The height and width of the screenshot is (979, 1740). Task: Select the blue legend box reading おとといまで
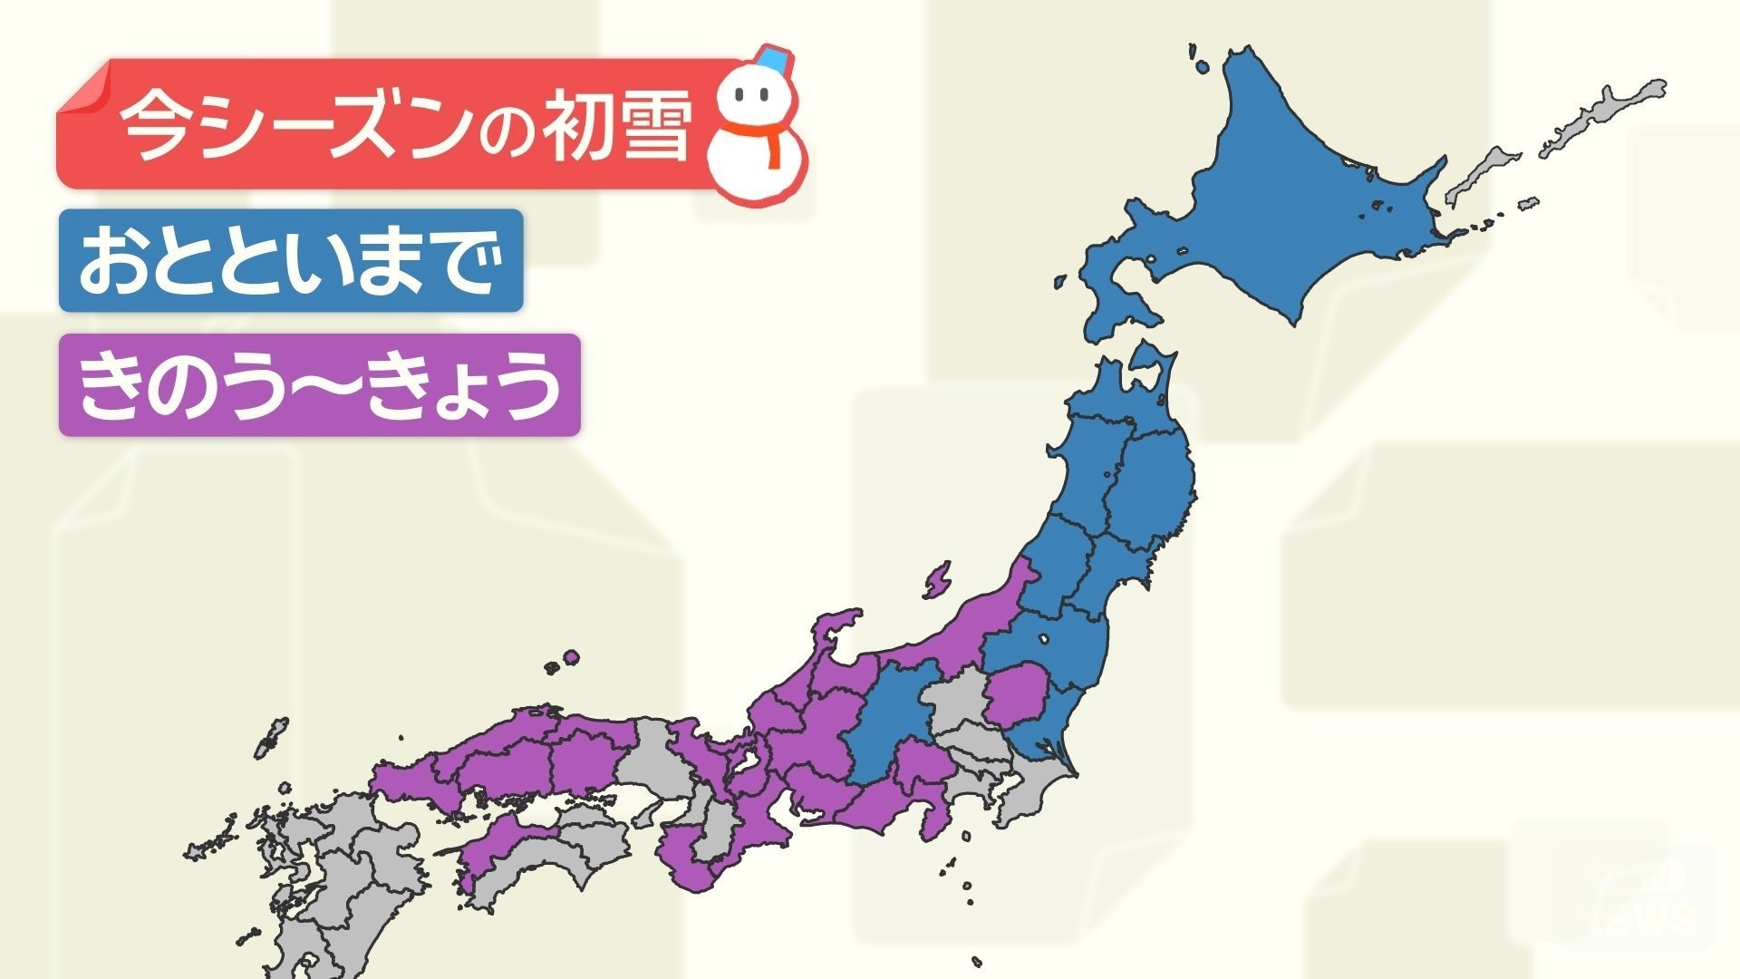click(291, 261)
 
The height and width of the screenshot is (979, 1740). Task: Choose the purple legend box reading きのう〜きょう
click(319, 385)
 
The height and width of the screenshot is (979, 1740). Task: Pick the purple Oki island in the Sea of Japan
click(570, 657)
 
